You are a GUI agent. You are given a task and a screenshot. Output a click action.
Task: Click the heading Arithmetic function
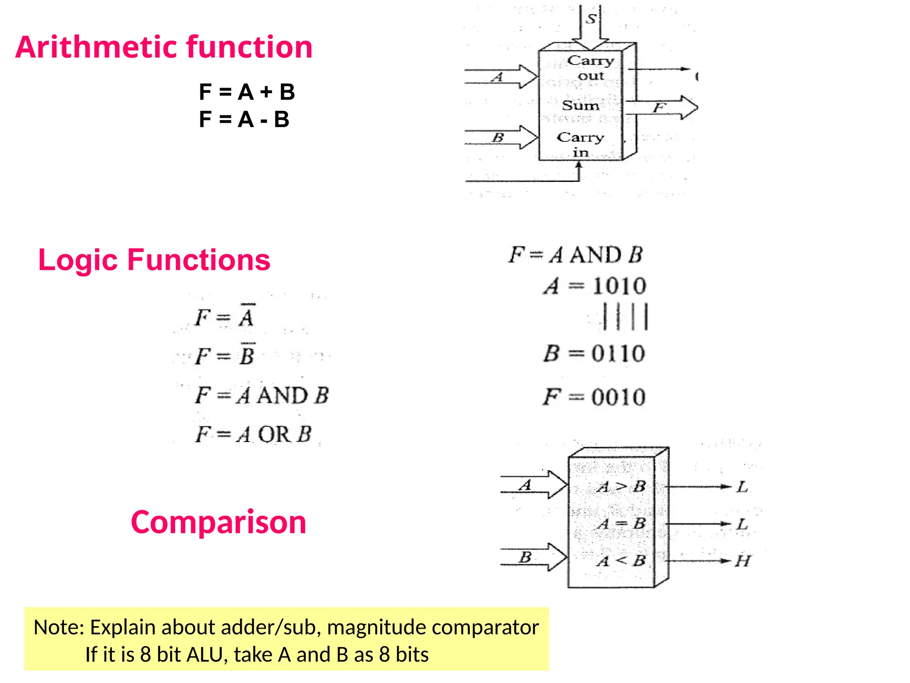click(164, 47)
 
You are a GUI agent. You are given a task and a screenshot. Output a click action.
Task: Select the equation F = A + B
click(247, 92)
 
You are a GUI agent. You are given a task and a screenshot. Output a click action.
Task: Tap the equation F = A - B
click(244, 120)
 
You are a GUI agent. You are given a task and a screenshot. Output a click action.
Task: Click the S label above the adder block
click(591, 19)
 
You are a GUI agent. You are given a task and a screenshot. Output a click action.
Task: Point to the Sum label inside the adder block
click(580, 105)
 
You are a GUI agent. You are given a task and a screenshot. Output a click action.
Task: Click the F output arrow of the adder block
click(662, 108)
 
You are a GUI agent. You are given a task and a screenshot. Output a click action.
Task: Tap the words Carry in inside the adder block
click(580, 145)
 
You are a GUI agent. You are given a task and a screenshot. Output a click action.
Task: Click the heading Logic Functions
click(154, 260)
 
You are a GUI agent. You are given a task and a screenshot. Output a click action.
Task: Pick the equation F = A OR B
click(253, 434)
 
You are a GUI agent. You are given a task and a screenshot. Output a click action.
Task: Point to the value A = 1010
click(595, 285)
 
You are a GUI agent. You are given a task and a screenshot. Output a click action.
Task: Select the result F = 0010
click(594, 397)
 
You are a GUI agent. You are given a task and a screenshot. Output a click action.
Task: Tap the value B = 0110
click(594, 354)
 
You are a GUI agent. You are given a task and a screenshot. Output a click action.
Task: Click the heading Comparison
click(218, 522)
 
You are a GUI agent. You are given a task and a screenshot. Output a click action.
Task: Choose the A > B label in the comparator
click(621, 487)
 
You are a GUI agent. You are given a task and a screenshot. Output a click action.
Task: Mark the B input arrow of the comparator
click(533, 557)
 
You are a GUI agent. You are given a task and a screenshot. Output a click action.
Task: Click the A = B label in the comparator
click(621, 524)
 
